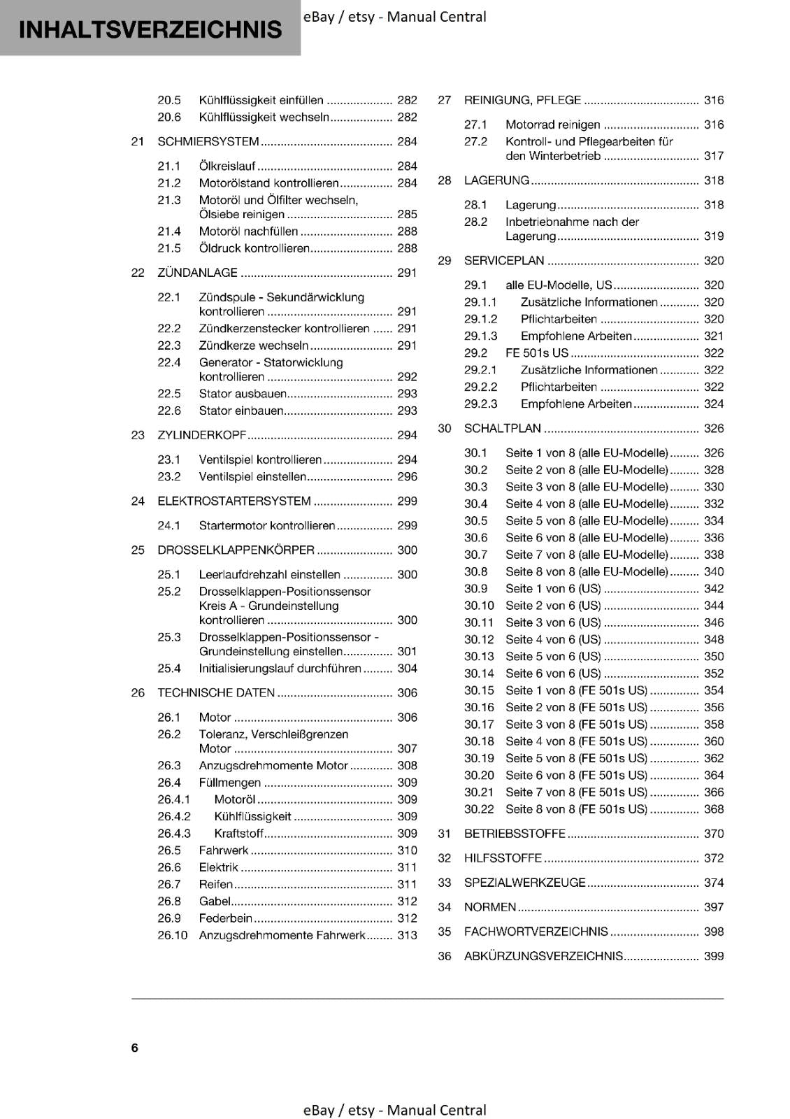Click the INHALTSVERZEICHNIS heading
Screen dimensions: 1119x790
tap(150, 29)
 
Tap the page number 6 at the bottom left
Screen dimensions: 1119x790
tap(135, 1048)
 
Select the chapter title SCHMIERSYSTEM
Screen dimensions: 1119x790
tap(208, 142)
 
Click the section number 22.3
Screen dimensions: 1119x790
tap(169, 345)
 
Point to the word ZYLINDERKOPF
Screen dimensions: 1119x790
tap(202, 435)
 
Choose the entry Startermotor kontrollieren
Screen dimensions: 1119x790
tap(267, 525)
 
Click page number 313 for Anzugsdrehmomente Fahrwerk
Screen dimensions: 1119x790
tap(407, 935)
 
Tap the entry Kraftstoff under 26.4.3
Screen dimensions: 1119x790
tap(239, 834)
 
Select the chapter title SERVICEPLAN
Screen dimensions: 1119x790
tap(504, 261)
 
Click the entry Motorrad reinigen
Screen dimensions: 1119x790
tap(552, 124)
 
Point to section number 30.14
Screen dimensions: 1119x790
tap(479, 673)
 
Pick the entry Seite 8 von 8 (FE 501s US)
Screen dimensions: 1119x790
tap(576, 809)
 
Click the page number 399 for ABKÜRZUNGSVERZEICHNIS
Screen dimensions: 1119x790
tap(714, 956)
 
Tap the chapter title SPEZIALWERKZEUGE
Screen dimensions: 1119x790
tap(524, 883)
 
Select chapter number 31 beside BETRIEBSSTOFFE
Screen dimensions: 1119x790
tap(445, 834)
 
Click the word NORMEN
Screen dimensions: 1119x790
tap(490, 907)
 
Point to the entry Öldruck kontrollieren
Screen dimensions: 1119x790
tap(254, 248)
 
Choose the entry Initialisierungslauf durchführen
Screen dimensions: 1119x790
tap(280, 669)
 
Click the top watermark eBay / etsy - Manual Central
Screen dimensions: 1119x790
tap(395, 17)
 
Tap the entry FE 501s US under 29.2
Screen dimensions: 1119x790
tap(537, 353)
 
